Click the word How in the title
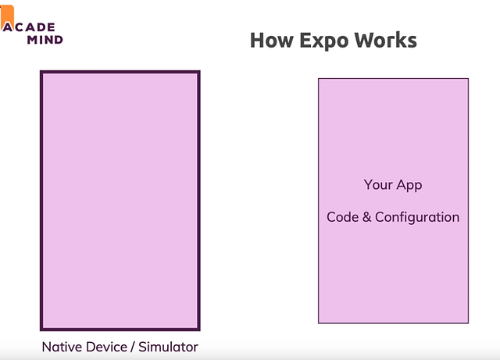pyautogui.click(x=272, y=40)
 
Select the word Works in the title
pyautogui.click(x=386, y=40)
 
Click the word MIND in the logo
pyautogui.click(x=45, y=40)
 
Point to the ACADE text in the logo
pyautogui.click(x=29, y=27)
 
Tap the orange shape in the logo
pyautogui.click(x=7, y=16)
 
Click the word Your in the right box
pyautogui.click(x=378, y=184)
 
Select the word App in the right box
pyautogui.click(x=409, y=186)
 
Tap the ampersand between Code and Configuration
pyautogui.click(x=366, y=217)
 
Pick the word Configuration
pyautogui.click(x=417, y=218)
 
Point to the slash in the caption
pyautogui.click(x=133, y=348)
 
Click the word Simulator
pyautogui.click(x=168, y=347)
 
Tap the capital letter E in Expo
pyautogui.click(x=305, y=41)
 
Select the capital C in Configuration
pyautogui.click(x=380, y=217)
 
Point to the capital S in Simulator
pyautogui.click(x=142, y=347)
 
